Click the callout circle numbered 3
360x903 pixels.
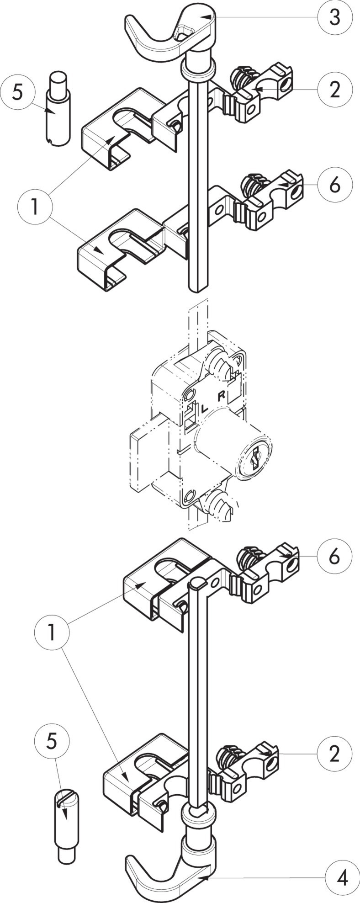coord(335,17)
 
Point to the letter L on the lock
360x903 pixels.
coord(204,408)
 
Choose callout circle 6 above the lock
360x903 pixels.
coord(335,185)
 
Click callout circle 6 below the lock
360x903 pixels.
coord(335,556)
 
